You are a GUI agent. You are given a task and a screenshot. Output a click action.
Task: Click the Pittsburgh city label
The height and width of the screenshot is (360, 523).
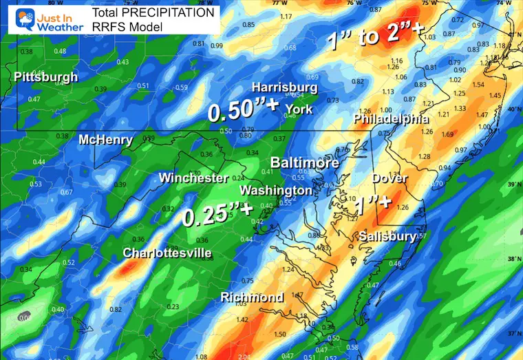pos(46,78)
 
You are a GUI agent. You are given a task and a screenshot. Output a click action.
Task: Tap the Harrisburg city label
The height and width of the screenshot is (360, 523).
pos(284,88)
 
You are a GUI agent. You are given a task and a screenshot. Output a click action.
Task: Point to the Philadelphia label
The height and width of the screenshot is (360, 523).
pos(386,119)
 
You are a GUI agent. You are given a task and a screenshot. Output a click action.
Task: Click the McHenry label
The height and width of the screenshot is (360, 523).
pos(105,140)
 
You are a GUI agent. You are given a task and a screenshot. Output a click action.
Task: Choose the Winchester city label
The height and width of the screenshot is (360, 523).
pos(193,178)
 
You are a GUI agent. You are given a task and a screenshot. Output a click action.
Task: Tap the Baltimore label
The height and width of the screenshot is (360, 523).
pos(304,163)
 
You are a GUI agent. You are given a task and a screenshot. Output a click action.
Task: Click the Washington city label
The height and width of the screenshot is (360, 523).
pos(275,190)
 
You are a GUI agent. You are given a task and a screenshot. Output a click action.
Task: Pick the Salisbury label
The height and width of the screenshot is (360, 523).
pos(387,237)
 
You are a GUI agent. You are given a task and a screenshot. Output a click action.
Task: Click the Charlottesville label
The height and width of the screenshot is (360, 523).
pos(167,253)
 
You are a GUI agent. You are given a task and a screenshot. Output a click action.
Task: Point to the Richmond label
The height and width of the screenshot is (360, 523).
pos(252,297)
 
